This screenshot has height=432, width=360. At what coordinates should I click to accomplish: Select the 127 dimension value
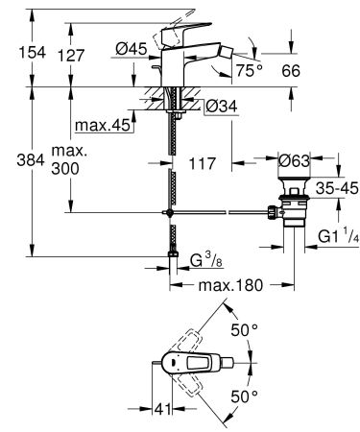click(64, 56)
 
